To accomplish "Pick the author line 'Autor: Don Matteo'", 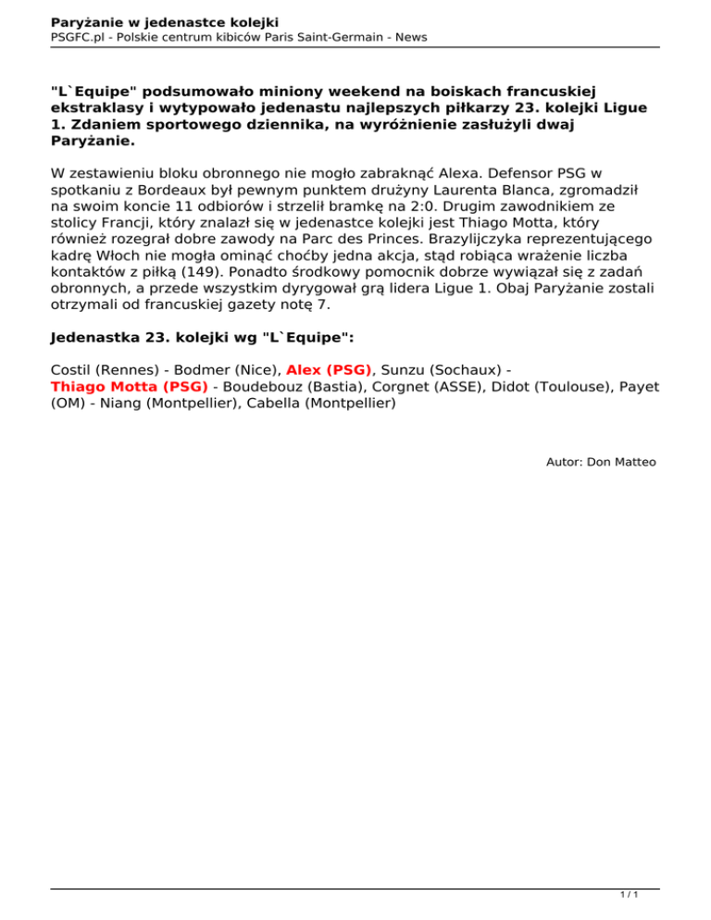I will click(602, 461).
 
